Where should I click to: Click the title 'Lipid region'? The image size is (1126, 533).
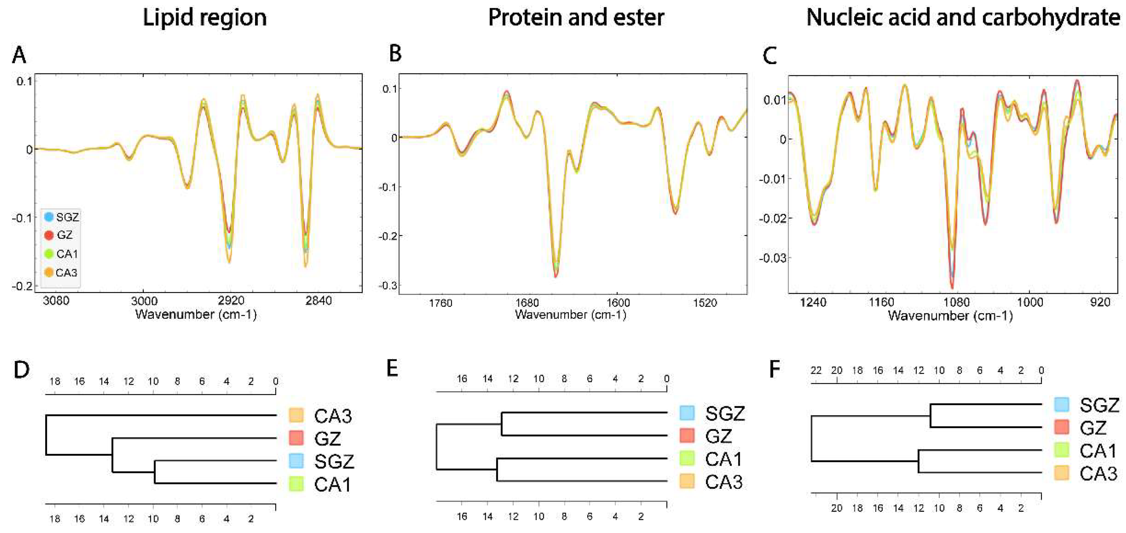(x=204, y=18)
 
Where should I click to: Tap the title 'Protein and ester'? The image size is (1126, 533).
(x=576, y=18)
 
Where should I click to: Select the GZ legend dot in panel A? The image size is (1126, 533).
(x=49, y=235)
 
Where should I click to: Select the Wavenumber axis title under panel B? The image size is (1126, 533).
(x=570, y=315)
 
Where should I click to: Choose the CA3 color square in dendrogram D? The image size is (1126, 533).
(x=296, y=415)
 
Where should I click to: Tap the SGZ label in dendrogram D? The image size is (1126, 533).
(x=334, y=461)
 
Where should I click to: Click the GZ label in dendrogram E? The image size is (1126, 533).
(x=719, y=436)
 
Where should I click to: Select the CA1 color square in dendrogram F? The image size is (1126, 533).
(x=1062, y=450)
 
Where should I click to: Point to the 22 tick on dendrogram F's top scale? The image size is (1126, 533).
(x=816, y=371)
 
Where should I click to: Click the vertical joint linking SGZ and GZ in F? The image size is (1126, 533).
(x=931, y=416)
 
